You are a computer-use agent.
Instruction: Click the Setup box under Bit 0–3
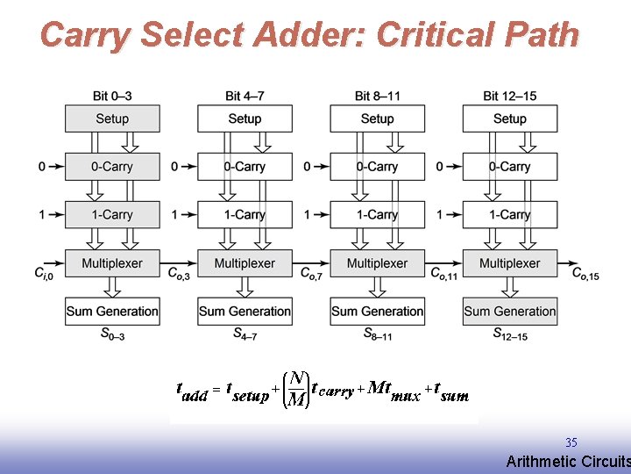click(x=112, y=118)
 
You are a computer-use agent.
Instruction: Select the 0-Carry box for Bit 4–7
click(x=245, y=167)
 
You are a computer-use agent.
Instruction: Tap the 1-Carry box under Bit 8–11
click(x=377, y=214)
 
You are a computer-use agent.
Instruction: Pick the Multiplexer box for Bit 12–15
click(x=509, y=263)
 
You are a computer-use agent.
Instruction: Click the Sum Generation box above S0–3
click(x=112, y=311)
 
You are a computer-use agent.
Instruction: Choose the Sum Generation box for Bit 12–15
click(x=509, y=311)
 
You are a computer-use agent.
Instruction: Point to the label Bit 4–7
click(x=245, y=96)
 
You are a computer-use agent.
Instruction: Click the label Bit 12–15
click(x=509, y=96)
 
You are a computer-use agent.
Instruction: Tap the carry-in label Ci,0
click(x=43, y=275)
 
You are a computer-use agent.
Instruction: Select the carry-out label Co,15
click(x=585, y=275)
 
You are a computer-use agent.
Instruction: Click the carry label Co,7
click(x=311, y=275)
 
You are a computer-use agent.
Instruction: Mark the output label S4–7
click(x=245, y=334)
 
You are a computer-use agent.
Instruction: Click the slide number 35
click(x=571, y=443)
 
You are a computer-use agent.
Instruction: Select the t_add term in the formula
click(x=192, y=391)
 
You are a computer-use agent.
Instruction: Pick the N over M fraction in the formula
click(x=297, y=390)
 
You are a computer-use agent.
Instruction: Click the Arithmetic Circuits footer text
click(x=568, y=462)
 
